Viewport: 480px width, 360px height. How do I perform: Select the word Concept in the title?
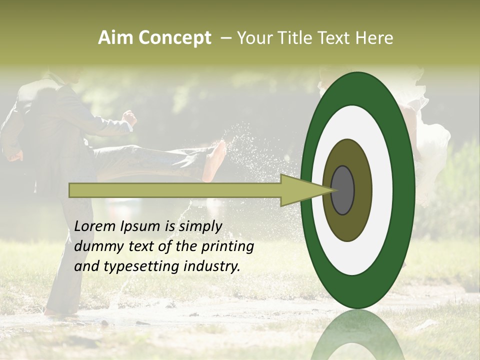(x=174, y=38)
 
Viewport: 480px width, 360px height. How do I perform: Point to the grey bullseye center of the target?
(x=342, y=190)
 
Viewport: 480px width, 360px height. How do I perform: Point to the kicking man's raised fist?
(x=130, y=118)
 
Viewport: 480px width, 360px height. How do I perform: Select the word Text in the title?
(x=335, y=38)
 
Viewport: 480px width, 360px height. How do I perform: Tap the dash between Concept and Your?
(x=225, y=38)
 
